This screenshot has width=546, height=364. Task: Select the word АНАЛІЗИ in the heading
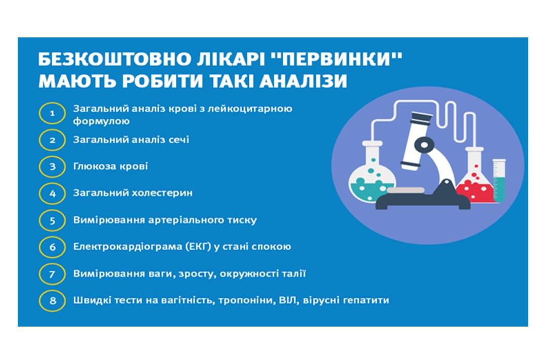point(303,81)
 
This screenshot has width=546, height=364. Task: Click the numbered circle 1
point(52,113)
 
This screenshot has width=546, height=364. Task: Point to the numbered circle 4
point(52,193)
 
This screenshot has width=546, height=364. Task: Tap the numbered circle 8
point(52,300)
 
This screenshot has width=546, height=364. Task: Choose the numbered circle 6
point(52,247)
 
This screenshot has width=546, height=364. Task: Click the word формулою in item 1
point(101,121)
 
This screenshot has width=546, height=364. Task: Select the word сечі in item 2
point(179,140)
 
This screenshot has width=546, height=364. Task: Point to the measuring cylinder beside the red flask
point(499,180)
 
